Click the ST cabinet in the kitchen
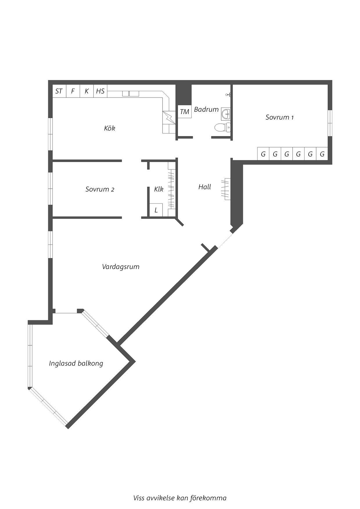(x=59, y=91)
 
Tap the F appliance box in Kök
(x=73, y=91)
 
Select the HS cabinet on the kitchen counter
(x=100, y=91)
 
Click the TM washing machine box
(x=185, y=112)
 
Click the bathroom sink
(x=226, y=114)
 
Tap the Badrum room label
(x=206, y=109)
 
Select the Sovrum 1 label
(x=279, y=117)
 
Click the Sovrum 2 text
(x=100, y=189)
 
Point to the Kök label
(x=110, y=128)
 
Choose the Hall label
(x=205, y=187)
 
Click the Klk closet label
(x=159, y=189)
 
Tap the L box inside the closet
(x=156, y=210)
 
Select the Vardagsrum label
(x=121, y=267)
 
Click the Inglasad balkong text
(x=76, y=363)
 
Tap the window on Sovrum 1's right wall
(x=330, y=123)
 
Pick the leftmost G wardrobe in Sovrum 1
(x=263, y=154)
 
